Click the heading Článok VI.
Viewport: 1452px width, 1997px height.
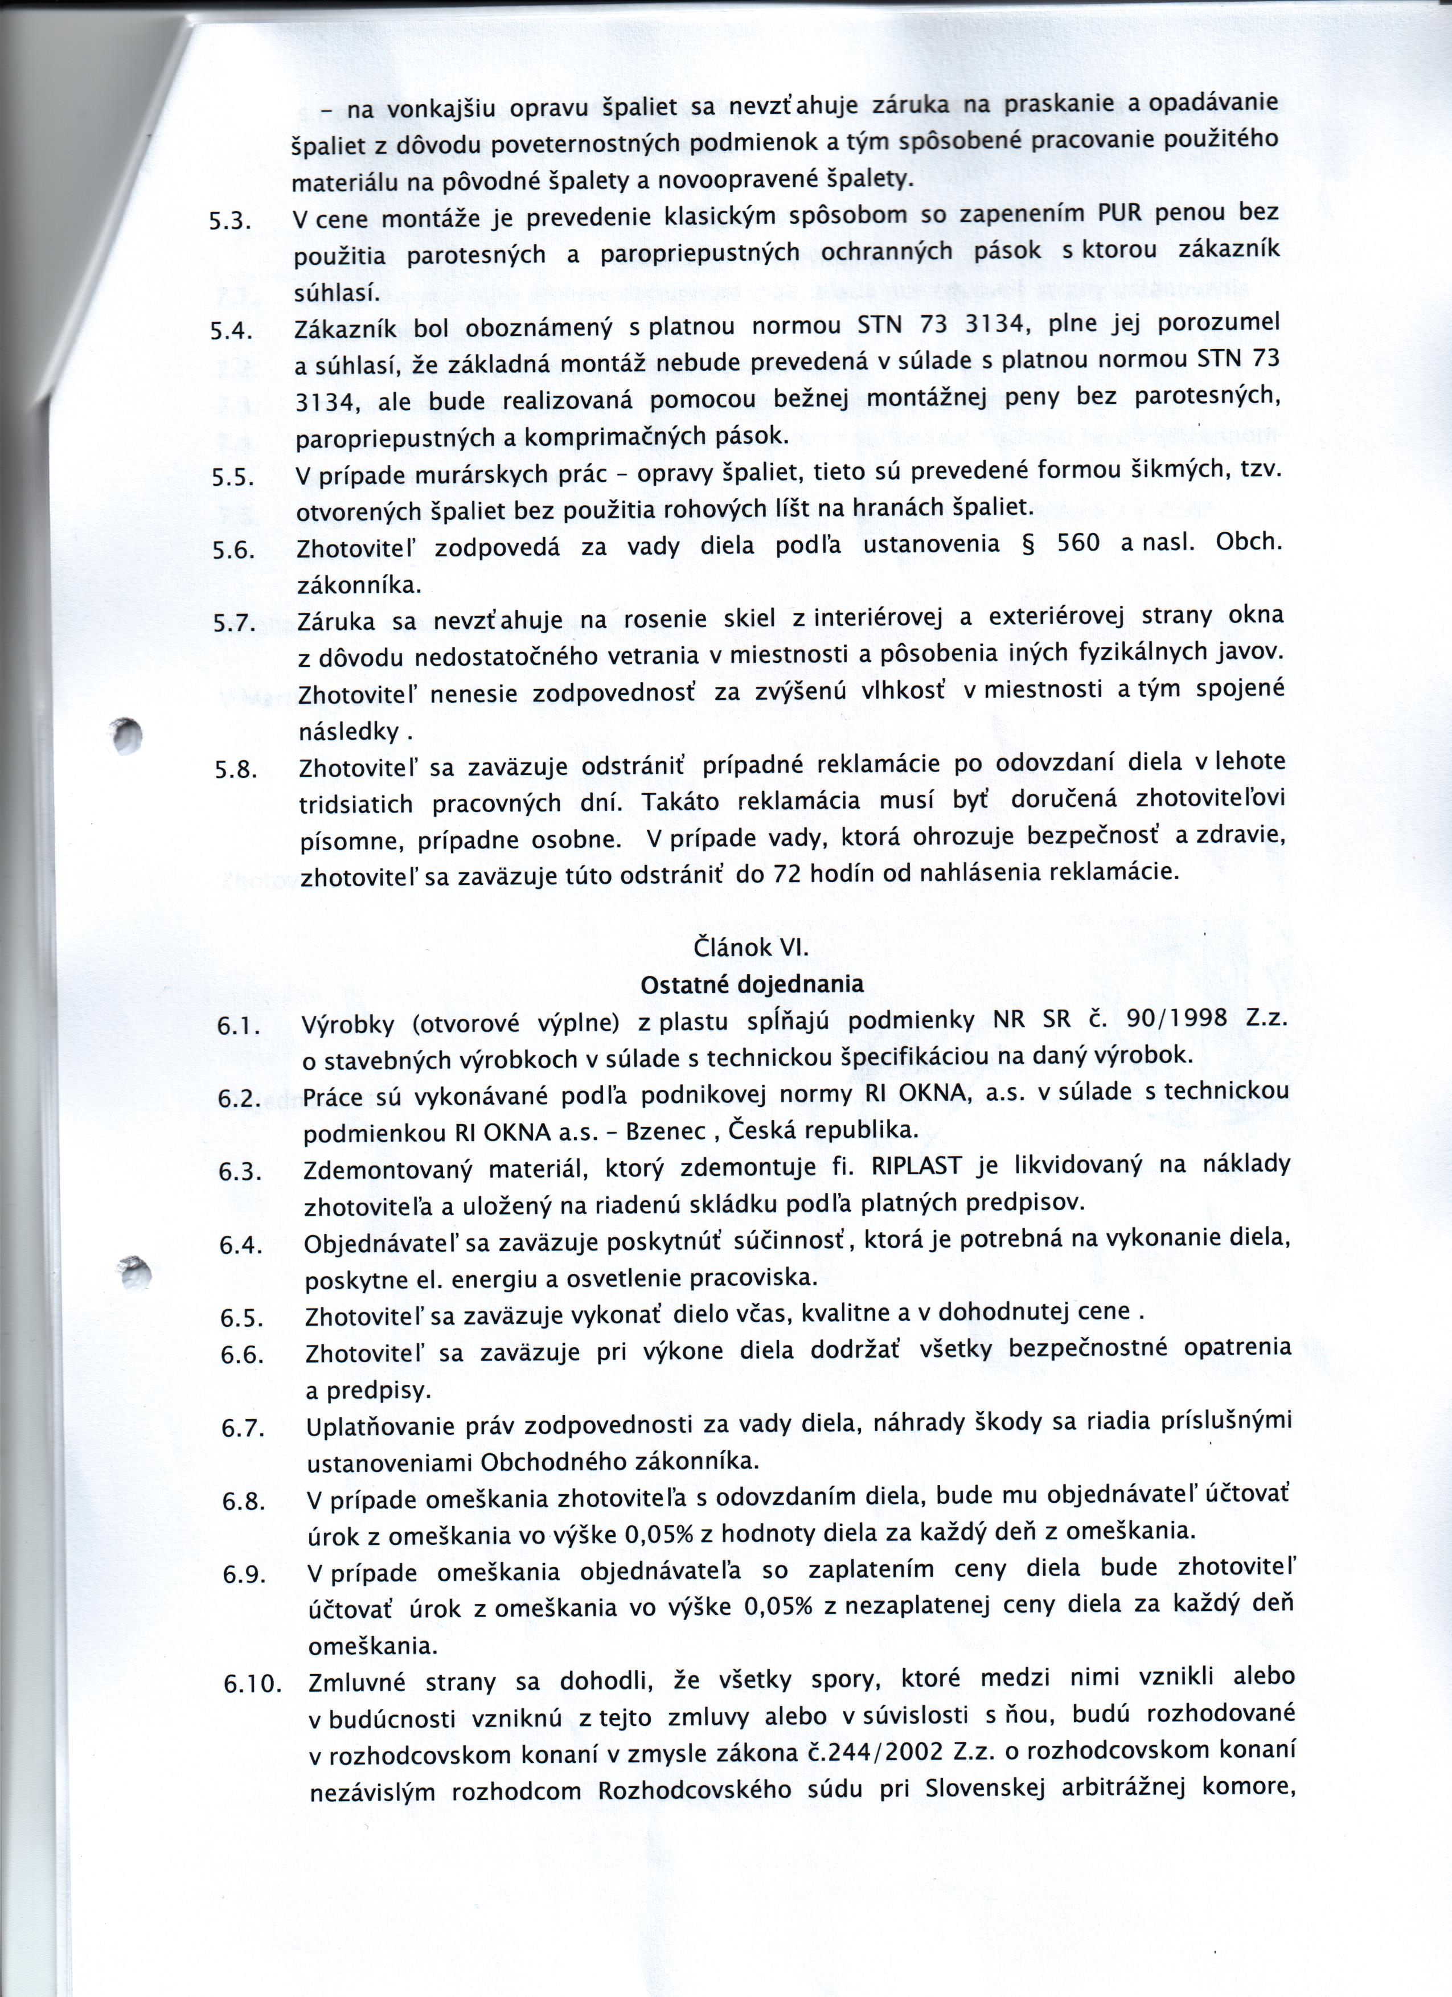tap(751, 948)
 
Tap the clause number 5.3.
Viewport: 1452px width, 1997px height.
tap(230, 222)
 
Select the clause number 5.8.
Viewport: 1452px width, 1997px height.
tap(236, 770)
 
